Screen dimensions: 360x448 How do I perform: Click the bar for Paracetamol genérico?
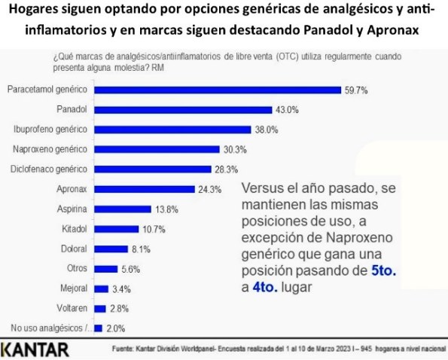point(217,90)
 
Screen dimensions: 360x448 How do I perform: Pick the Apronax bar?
point(143,189)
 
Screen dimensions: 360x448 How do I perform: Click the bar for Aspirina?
point(121,209)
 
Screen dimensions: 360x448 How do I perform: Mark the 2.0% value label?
point(116,328)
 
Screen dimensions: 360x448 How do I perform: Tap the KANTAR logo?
point(35,349)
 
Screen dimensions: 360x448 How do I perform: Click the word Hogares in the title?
point(33,14)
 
